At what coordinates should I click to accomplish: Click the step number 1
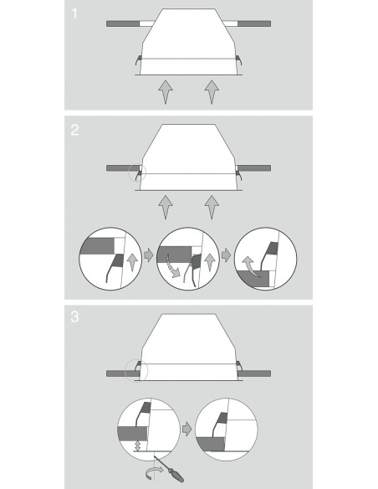pos(74,13)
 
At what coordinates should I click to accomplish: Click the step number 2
pos(74,130)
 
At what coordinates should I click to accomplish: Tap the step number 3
pos(74,317)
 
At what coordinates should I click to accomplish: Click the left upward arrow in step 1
pos(166,92)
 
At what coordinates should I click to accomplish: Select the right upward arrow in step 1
pos(212,92)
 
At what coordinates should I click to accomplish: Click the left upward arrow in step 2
pos(166,207)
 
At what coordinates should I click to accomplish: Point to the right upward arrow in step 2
pos(212,207)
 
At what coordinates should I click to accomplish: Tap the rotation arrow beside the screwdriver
pos(154,473)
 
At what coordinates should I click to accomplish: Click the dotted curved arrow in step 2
pos(173,266)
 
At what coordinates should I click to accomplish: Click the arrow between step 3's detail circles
pos(186,429)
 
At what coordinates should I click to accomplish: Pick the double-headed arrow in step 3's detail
pos(138,445)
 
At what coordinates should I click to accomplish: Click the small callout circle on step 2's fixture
pos(137,172)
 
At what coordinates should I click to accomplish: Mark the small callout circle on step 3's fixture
pos(136,371)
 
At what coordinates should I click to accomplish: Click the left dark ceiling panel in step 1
pos(123,23)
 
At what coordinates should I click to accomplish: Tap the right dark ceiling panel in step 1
pos(254,23)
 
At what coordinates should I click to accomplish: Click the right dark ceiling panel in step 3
pos(254,373)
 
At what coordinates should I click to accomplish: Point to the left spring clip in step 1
pos(138,60)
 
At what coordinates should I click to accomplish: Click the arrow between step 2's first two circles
pos(149,255)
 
